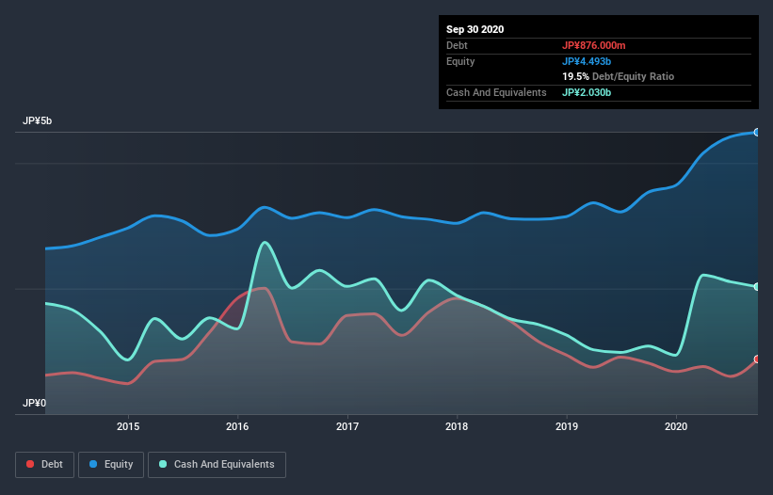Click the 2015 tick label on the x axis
128,426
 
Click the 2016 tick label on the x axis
238,426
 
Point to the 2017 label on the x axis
348,426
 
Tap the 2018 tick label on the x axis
458,426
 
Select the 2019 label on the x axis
567,426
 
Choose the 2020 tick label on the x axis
676,426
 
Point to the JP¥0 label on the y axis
35,403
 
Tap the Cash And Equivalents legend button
217,464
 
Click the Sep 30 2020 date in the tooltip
475,29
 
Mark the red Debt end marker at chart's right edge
757,359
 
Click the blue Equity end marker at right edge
757,133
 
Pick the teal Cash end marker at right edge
757,287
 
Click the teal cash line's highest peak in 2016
266,243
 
